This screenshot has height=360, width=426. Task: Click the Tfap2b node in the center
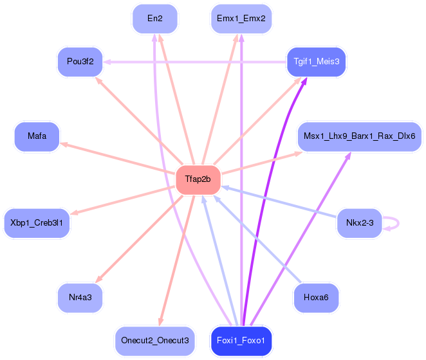pyautogui.click(x=198, y=180)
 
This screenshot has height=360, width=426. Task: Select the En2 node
pyautogui.click(x=155, y=19)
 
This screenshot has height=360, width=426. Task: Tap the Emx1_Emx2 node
pyautogui.click(x=241, y=19)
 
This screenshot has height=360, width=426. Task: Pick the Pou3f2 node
pyautogui.click(x=80, y=62)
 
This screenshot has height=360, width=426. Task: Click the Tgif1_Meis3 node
pyautogui.click(x=317, y=62)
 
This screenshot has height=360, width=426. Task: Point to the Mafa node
pyautogui.click(x=37, y=136)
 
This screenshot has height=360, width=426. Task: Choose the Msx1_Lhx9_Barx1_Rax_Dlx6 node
pyautogui.click(x=360, y=136)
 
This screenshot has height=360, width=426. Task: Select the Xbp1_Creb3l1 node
pyautogui.click(x=37, y=224)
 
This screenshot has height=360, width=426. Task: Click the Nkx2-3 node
pyautogui.click(x=360, y=224)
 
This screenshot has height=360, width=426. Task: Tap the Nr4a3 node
pyautogui.click(x=80, y=298)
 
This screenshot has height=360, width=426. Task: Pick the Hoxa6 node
pyautogui.click(x=316, y=298)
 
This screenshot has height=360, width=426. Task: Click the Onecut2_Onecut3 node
pyautogui.click(x=155, y=341)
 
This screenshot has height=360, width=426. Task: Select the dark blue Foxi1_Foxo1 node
pyautogui.click(x=241, y=341)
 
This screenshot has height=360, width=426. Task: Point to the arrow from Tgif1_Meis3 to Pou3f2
pyautogui.click(x=195, y=62)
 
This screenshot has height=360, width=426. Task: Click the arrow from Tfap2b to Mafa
pyautogui.click(x=117, y=157)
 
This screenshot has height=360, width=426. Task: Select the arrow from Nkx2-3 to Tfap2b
pyautogui.click(x=279, y=201)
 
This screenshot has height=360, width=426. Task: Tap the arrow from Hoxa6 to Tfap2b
pyautogui.click(x=257, y=239)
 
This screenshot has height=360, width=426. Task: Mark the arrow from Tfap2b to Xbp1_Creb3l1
pyautogui.click(x=122, y=200)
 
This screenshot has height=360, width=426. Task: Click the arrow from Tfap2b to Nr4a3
pyautogui.click(x=139, y=239)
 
